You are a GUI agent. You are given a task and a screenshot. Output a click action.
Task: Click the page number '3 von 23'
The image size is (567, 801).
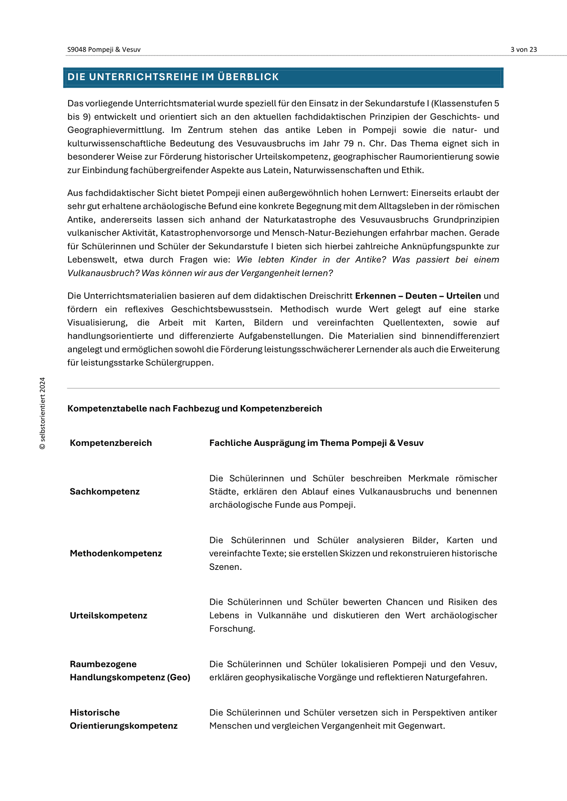click(x=524, y=50)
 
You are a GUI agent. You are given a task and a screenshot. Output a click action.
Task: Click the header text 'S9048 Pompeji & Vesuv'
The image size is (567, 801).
click(x=104, y=50)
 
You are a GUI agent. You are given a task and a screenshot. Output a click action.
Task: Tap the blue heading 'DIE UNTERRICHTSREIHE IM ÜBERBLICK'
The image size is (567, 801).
click(x=173, y=77)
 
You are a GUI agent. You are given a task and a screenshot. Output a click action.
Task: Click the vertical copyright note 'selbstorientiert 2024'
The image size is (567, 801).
click(x=43, y=413)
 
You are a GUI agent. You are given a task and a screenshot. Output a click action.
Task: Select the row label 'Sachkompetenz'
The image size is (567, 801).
click(x=105, y=492)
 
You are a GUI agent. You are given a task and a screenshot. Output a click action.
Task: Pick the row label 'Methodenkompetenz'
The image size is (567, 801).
click(x=116, y=553)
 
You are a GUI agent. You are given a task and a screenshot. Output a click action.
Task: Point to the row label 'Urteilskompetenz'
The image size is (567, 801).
click(x=108, y=616)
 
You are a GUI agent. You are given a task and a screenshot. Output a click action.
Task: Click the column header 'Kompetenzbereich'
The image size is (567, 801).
click(x=111, y=443)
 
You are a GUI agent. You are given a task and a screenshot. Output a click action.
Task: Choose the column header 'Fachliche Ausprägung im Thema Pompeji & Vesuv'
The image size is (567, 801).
click(x=316, y=443)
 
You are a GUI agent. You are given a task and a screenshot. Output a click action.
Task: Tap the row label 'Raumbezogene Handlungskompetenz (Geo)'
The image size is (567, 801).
click(x=130, y=671)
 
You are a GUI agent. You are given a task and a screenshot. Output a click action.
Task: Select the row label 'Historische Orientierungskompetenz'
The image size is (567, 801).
click(x=123, y=719)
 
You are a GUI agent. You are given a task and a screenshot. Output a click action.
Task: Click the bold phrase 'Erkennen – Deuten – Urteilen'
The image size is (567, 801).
click(x=418, y=296)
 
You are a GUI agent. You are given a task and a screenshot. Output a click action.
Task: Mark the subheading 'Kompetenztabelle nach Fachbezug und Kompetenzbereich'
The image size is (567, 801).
click(x=195, y=409)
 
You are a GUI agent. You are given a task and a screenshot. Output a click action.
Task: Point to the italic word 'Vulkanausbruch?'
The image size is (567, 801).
click(x=103, y=273)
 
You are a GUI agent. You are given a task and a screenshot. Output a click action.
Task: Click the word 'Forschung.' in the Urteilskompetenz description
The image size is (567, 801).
click(x=232, y=629)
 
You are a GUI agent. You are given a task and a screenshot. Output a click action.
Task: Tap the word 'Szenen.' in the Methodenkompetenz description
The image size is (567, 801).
click(x=226, y=567)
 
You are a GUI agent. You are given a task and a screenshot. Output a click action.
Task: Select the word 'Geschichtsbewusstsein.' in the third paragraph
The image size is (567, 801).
click(x=225, y=309)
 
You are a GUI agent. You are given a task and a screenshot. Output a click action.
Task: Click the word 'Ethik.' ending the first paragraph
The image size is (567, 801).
click(x=413, y=170)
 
